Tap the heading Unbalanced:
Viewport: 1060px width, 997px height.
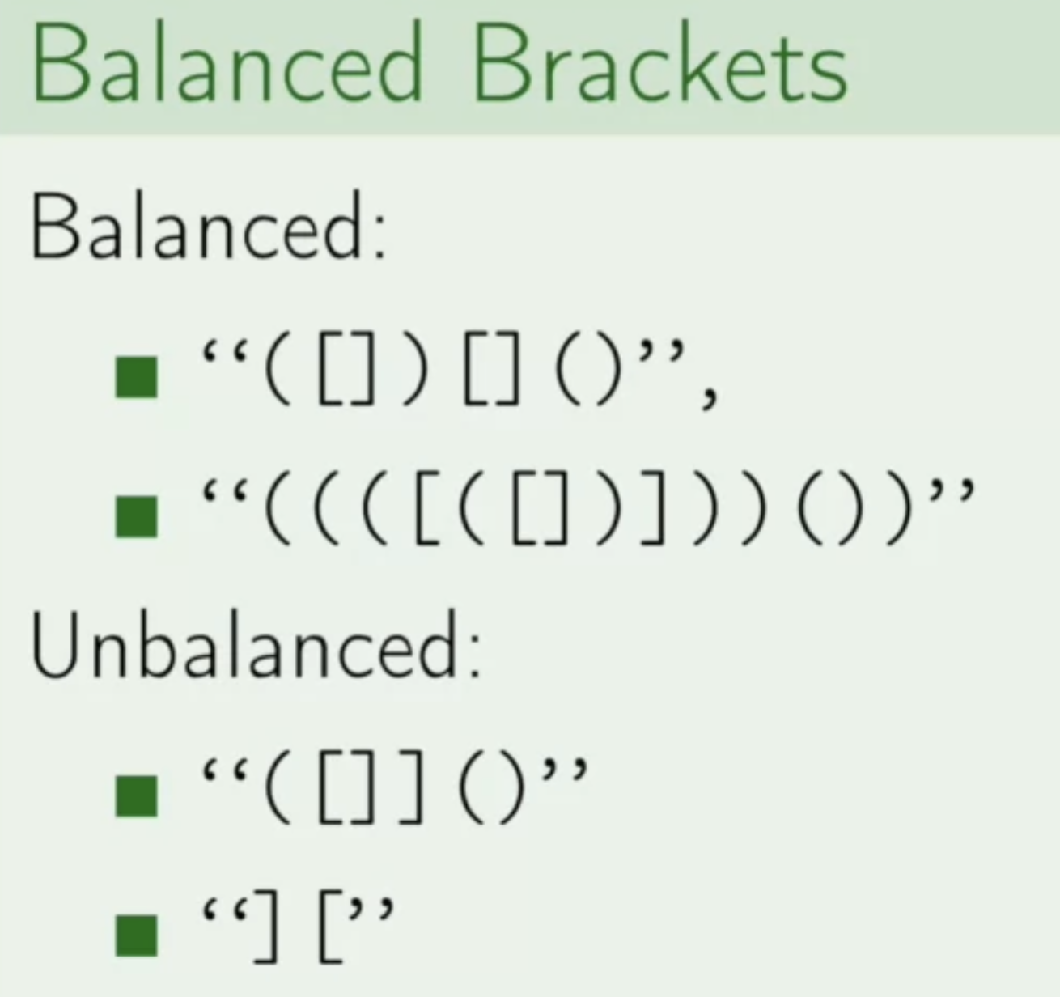[x=256, y=647]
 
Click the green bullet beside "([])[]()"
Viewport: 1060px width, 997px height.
[x=136, y=377]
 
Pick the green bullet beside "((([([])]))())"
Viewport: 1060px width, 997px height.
[x=136, y=515]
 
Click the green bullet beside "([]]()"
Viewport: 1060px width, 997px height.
[x=136, y=795]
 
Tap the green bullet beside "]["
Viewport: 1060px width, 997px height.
[x=136, y=934]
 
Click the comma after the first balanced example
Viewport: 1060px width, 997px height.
[x=709, y=397]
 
